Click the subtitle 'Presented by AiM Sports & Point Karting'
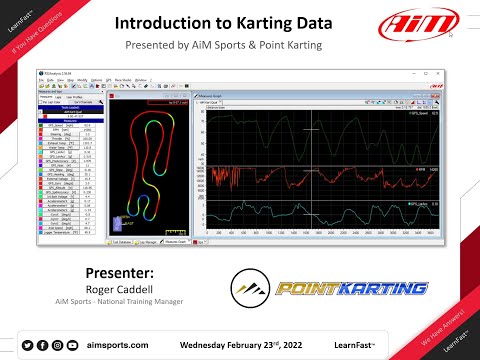240,46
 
